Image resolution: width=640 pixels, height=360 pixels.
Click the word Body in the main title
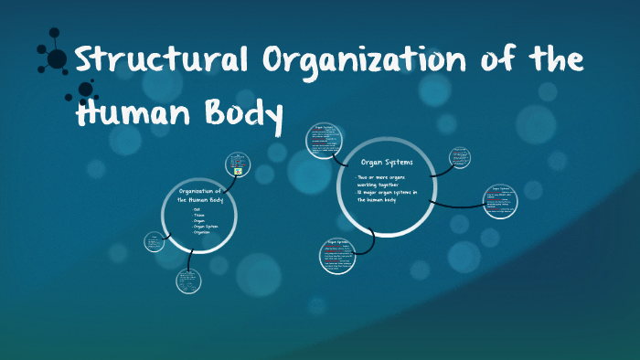(x=239, y=115)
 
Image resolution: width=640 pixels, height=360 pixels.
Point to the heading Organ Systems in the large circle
(x=387, y=162)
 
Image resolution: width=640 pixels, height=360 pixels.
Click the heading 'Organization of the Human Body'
(x=199, y=194)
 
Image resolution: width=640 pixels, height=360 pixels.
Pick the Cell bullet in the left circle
(x=196, y=209)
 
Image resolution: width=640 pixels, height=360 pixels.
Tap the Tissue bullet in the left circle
(x=197, y=215)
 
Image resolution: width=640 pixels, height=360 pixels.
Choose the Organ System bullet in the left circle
(x=204, y=226)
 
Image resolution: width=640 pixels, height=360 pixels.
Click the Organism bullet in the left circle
(x=201, y=232)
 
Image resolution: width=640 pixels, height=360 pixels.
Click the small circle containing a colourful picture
(x=239, y=164)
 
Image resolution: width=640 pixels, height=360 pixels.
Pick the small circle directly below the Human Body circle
(x=189, y=281)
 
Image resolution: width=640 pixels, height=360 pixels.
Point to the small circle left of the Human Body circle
(x=155, y=242)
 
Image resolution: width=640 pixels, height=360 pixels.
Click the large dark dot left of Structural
(x=58, y=59)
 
